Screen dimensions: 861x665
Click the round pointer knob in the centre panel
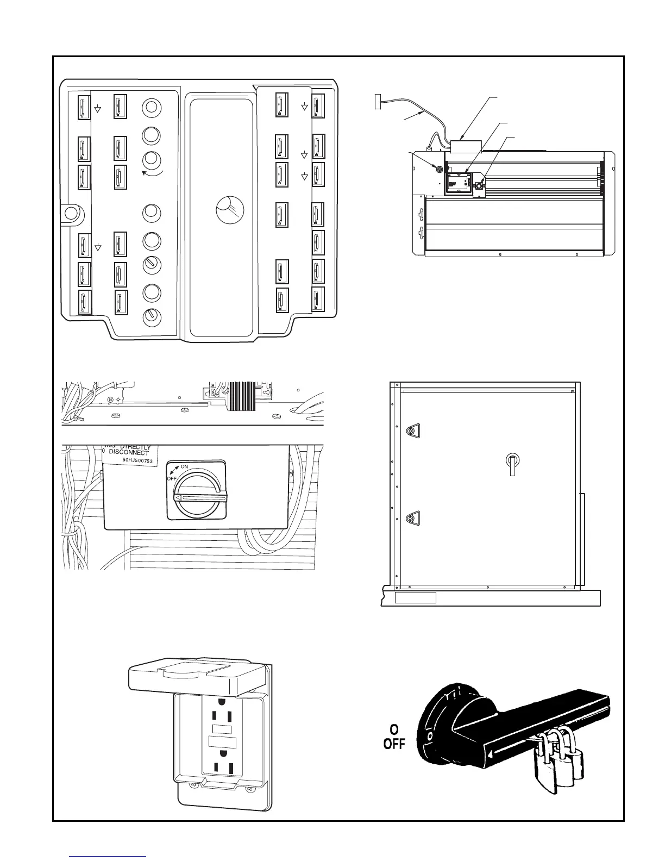[x=230, y=210]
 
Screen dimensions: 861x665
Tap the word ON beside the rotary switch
[x=184, y=466]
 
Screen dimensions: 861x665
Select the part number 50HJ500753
[x=134, y=459]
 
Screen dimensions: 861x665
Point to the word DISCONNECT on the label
[x=129, y=452]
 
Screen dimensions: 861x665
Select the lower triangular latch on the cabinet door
[x=412, y=519]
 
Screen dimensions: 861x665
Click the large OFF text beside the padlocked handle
[x=394, y=744]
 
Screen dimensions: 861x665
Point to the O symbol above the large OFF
[x=394, y=729]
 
